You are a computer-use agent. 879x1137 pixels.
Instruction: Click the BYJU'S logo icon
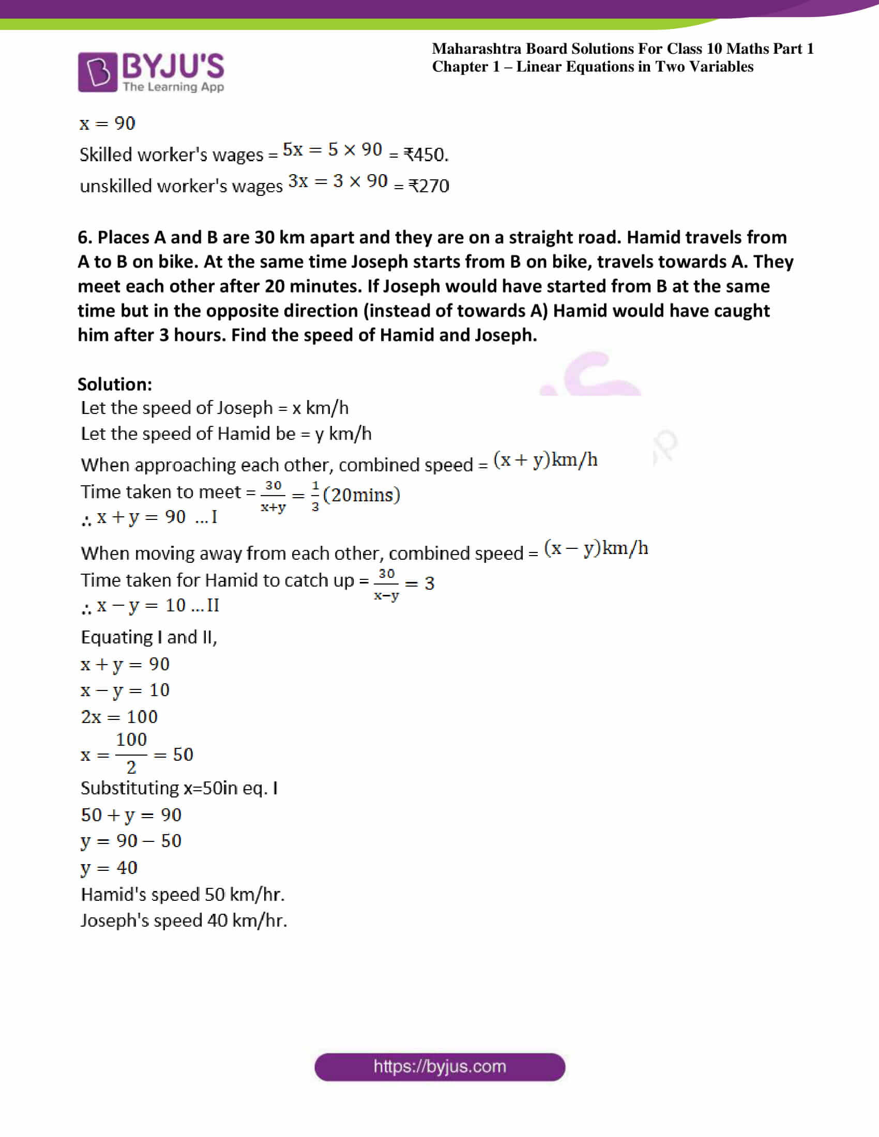[x=97, y=72]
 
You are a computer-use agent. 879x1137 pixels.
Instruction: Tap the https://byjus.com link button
[x=439, y=1067]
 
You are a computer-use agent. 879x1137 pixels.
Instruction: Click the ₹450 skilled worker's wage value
[x=426, y=155]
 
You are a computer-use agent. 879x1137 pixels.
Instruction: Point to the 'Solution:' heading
[x=115, y=384]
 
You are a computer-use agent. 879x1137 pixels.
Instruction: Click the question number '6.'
[x=85, y=237]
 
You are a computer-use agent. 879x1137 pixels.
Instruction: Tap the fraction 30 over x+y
[x=273, y=496]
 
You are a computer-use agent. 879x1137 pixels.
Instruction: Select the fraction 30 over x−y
[x=386, y=584]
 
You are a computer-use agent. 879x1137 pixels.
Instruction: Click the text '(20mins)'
[x=361, y=495]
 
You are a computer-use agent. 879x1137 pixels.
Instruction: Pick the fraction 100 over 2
[x=131, y=753]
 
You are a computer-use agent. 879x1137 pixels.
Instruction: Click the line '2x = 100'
[x=119, y=717]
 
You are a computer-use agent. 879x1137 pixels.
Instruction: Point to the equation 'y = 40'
[x=109, y=868]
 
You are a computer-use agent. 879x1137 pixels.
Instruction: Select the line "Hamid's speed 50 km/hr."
[x=182, y=895]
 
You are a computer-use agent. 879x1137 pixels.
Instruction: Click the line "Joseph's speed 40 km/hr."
[x=184, y=920]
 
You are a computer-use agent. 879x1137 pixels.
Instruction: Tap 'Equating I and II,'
[x=149, y=637]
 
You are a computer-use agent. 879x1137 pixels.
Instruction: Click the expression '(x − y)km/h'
[x=596, y=548]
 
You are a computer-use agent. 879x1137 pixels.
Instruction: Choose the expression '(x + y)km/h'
[x=545, y=459]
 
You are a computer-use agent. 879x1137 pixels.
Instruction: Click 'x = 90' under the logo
[x=107, y=124]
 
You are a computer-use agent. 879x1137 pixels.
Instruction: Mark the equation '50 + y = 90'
[x=131, y=815]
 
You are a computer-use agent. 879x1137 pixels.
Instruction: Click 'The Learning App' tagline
[x=173, y=87]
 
